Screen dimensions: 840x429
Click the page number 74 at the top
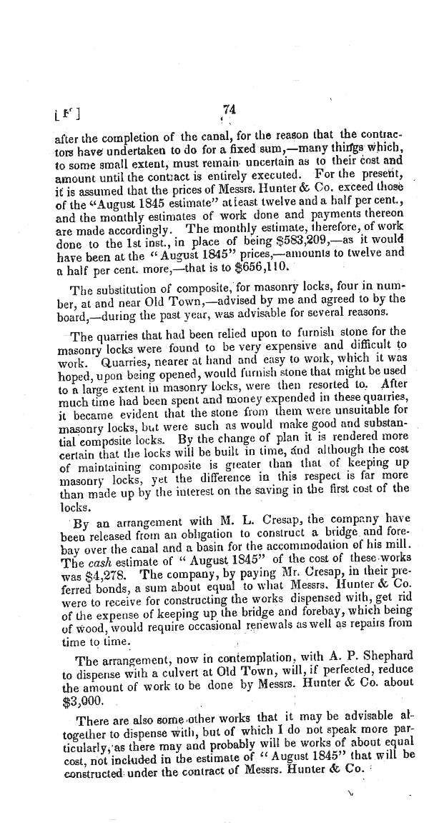[x=229, y=109]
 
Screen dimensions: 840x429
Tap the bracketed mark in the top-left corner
[x=66, y=113]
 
